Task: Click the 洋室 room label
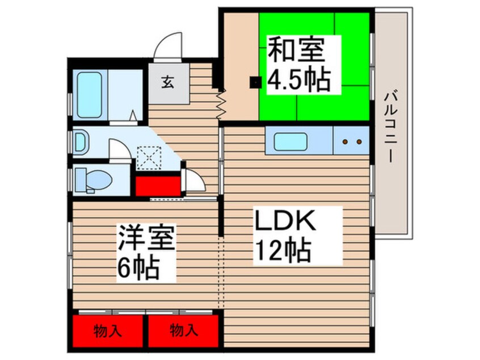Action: tap(146, 237)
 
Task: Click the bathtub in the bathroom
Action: tap(90, 94)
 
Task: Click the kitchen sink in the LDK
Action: tap(290, 141)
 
